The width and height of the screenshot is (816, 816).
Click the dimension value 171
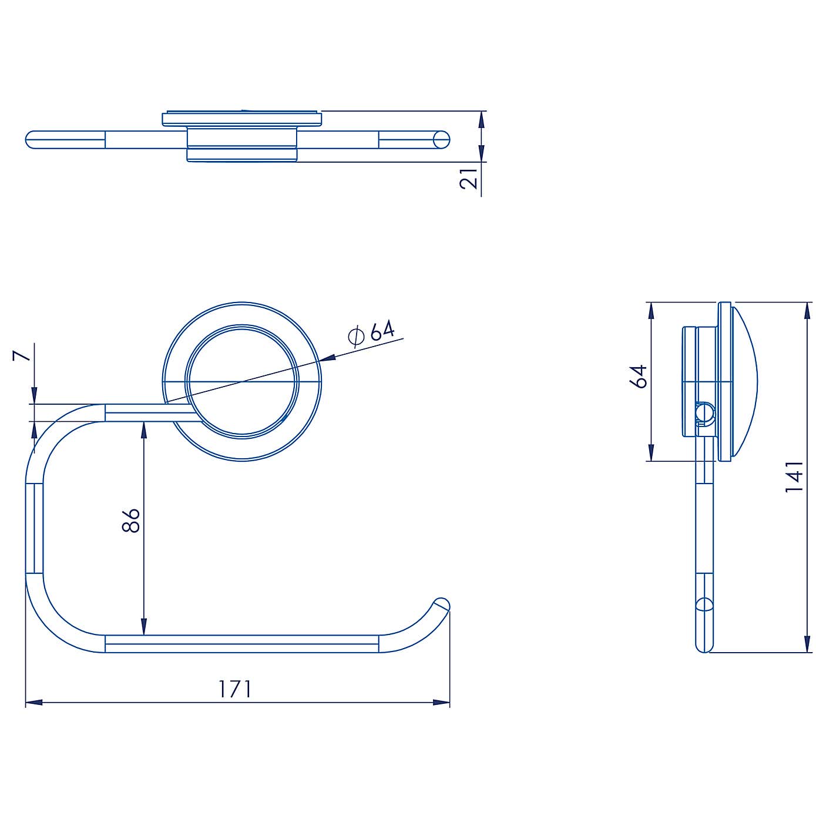(x=235, y=689)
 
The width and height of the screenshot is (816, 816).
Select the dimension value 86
(x=131, y=521)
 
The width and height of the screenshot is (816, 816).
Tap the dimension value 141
(x=794, y=476)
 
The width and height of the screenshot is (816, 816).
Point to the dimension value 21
(x=469, y=177)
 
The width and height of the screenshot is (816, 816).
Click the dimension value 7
(x=21, y=355)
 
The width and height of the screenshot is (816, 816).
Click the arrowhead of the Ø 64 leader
(x=327, y=357)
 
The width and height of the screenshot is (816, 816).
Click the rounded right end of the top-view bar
(x=442, y=140)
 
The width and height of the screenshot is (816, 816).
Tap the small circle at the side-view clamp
(x=702, y=414)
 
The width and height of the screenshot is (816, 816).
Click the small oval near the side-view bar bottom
(x=703, y=605)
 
